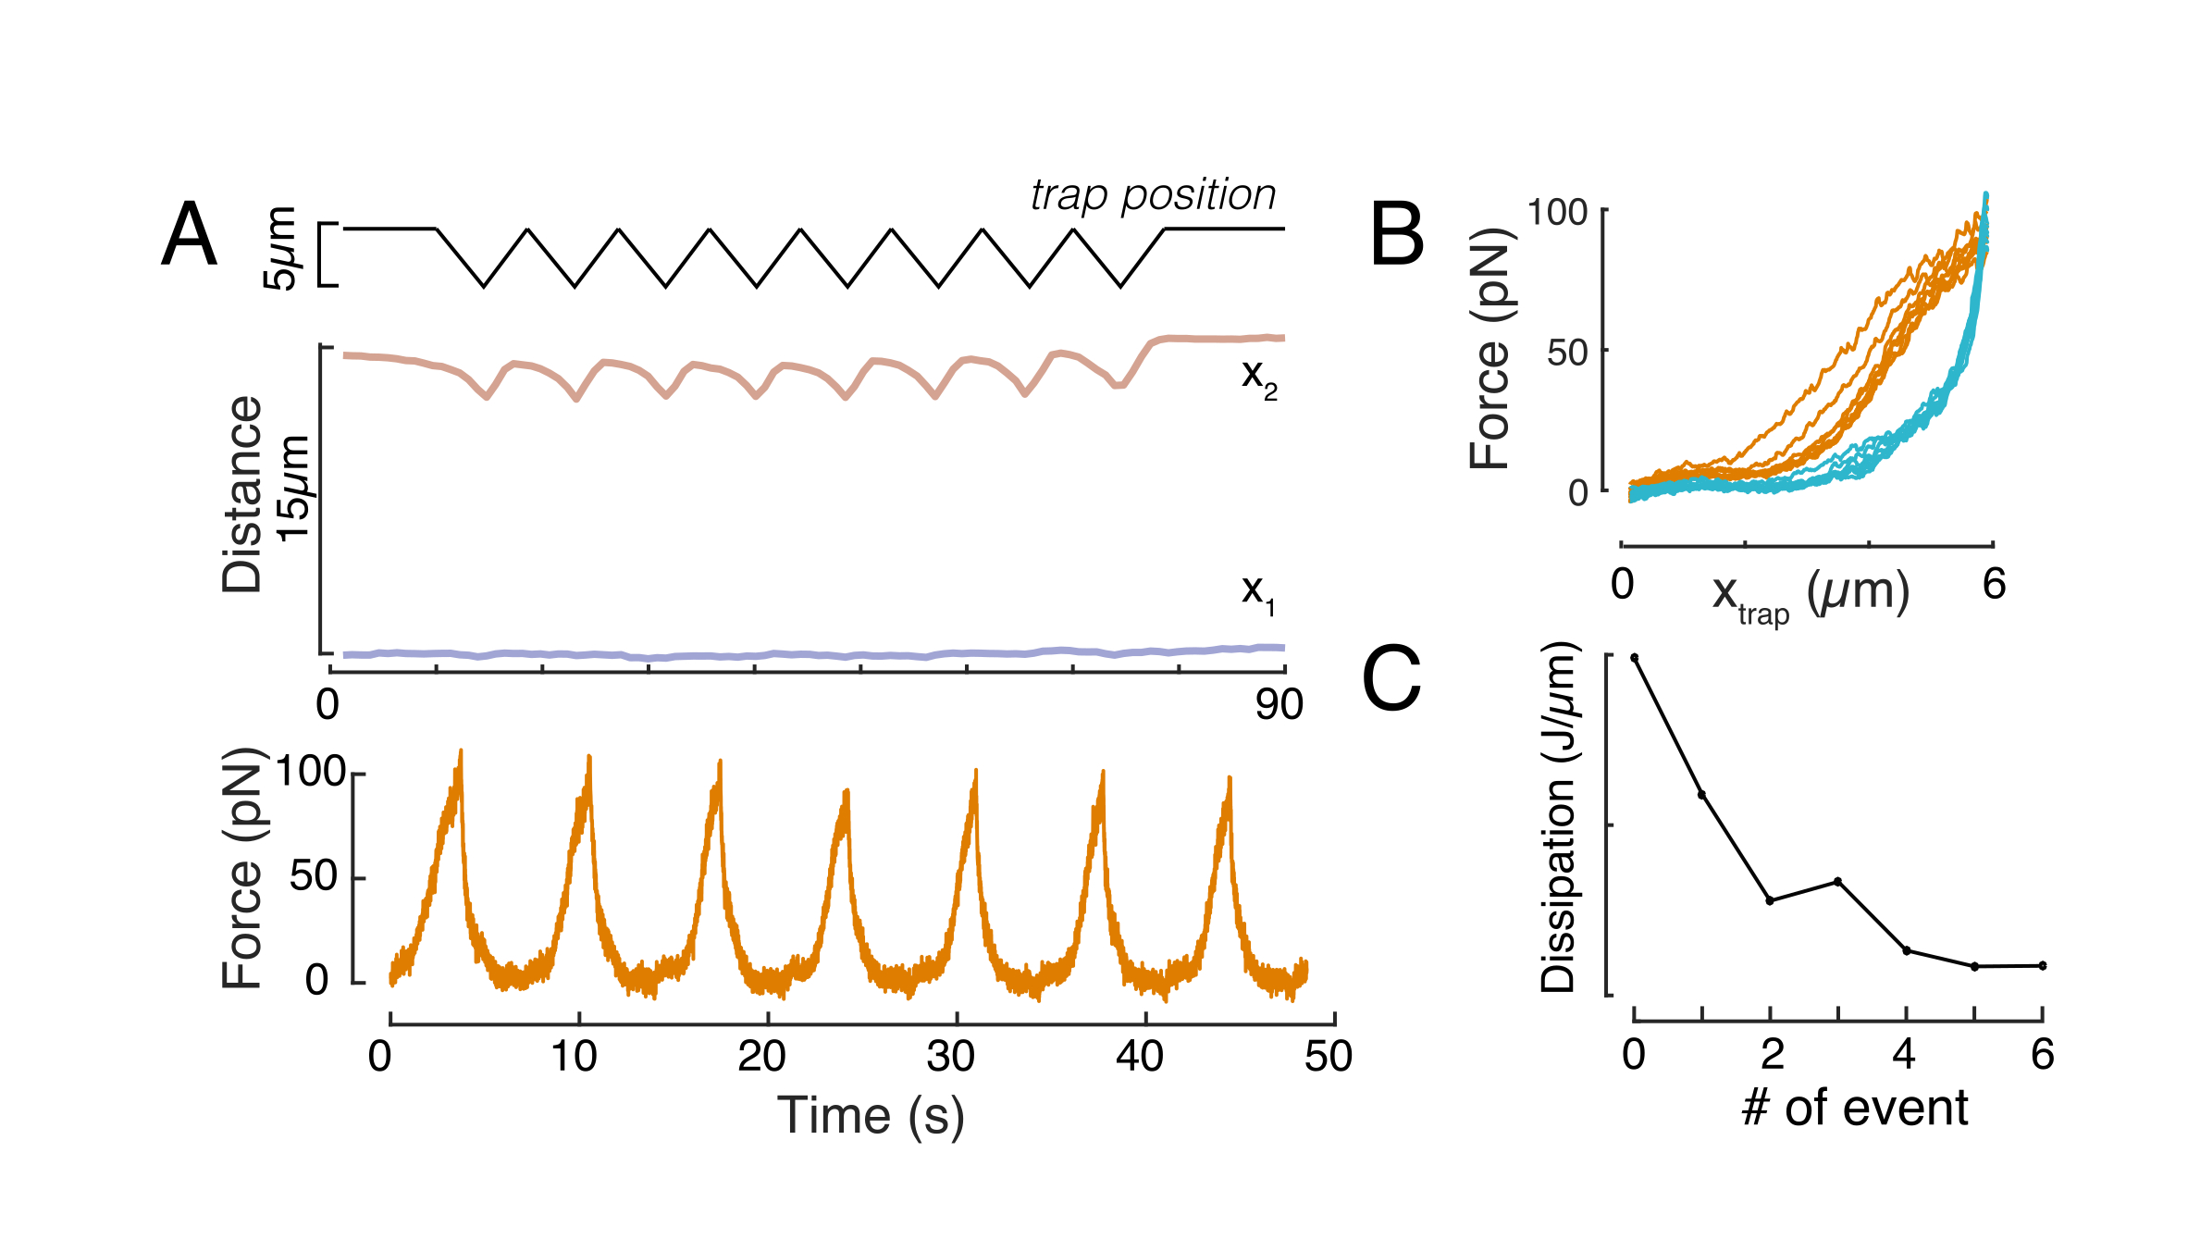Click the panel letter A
[x=190, y=235]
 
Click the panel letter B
[x=1396, y=235]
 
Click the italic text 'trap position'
[x=1153, y=195]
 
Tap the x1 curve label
[x=1257, y=591]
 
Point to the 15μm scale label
[x=294, y=489]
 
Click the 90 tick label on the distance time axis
[x=1279, y=705]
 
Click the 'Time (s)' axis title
[x=871, y=1115]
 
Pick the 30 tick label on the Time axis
[x=950, y=1056]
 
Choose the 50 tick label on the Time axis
[x=1329, y=1056]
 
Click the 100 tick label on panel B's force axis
[x=1557, y=213]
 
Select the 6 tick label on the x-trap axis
[x=1994, y=584]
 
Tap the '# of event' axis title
[x=1855, y=1108]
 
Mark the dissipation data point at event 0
[x=1635, y=658]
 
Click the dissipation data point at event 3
[x=1838, y=881]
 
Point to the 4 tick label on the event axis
[x=1905, y=1054]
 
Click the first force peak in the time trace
[x=461, y=755]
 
